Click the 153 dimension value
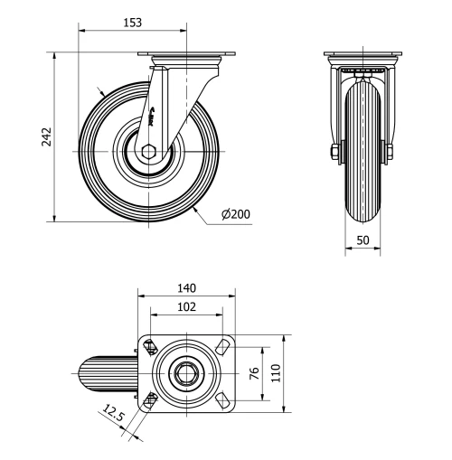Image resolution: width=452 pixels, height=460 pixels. [132, 21]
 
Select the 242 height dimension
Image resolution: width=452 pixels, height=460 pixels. [46, 136]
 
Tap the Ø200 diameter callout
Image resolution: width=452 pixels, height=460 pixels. [236, 214]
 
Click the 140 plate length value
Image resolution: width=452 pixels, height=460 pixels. [186, 288]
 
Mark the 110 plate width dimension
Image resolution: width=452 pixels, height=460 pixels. [275, 371]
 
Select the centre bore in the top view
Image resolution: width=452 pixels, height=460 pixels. [186, 371]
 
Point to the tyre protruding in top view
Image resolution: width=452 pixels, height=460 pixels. [108, 371]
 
